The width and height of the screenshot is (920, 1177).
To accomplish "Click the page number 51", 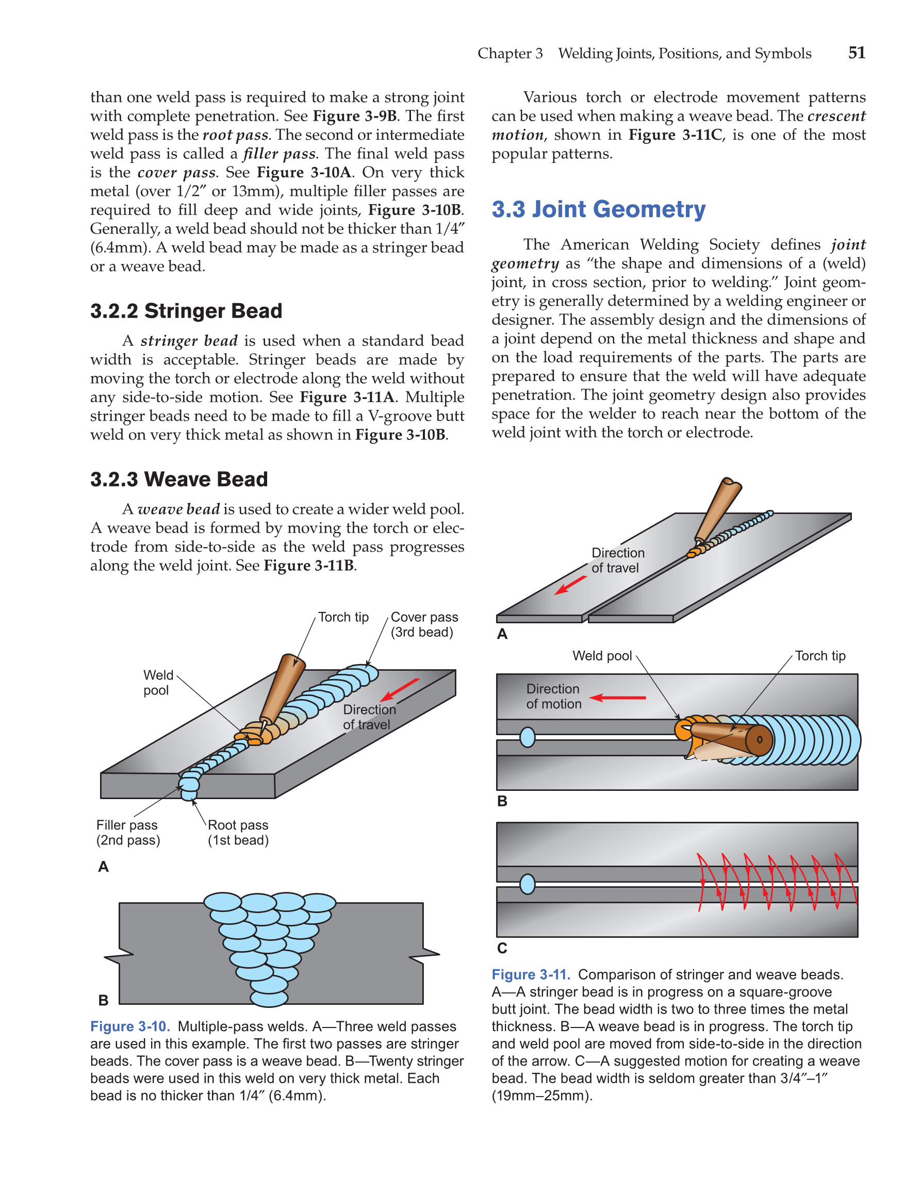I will click(857, 53).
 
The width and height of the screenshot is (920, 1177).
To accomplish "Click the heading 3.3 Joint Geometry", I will click(598, 210).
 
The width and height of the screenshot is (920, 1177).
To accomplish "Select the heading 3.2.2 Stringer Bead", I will click(186, 311).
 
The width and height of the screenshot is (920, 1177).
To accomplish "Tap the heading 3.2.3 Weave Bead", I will click(179, 479).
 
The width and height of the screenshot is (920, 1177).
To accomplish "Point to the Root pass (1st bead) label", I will click(238, 833).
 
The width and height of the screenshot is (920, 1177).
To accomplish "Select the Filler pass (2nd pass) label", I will click(128, 833).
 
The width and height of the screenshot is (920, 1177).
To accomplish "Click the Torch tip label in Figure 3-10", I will click(343, 617).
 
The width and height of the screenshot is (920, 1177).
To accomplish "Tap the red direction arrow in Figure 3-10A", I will click(399, 690).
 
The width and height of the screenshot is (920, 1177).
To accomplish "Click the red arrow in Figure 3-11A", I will click(571, 585).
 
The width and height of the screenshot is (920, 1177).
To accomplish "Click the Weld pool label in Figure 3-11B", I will click(601, 656).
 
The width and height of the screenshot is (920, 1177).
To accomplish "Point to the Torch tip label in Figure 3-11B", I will click(820, 656).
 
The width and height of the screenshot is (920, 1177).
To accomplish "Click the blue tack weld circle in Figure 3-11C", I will click(527, 884).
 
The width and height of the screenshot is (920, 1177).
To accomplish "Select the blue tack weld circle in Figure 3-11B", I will click(527, 737).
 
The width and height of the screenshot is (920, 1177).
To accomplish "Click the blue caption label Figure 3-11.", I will click(530, 974).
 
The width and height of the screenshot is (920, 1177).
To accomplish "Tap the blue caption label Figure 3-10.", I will click(130, 1026).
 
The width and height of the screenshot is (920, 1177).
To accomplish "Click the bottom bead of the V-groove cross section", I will click(269, 999).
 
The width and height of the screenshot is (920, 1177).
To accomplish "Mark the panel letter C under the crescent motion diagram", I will click(502, 948).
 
